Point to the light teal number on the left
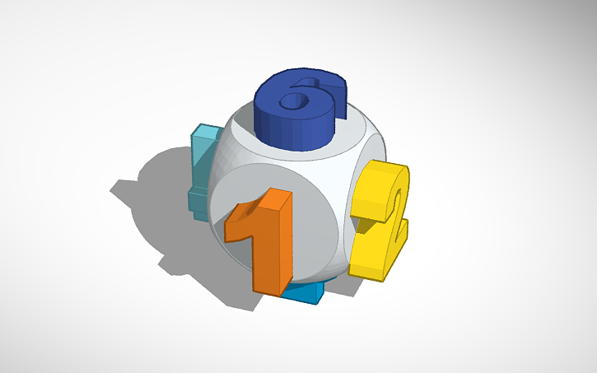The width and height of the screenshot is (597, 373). pos(200,173)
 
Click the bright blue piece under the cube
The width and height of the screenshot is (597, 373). pos(305,291)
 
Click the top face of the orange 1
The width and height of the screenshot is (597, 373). pos(276,198)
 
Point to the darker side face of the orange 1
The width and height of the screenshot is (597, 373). pos(284,247)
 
